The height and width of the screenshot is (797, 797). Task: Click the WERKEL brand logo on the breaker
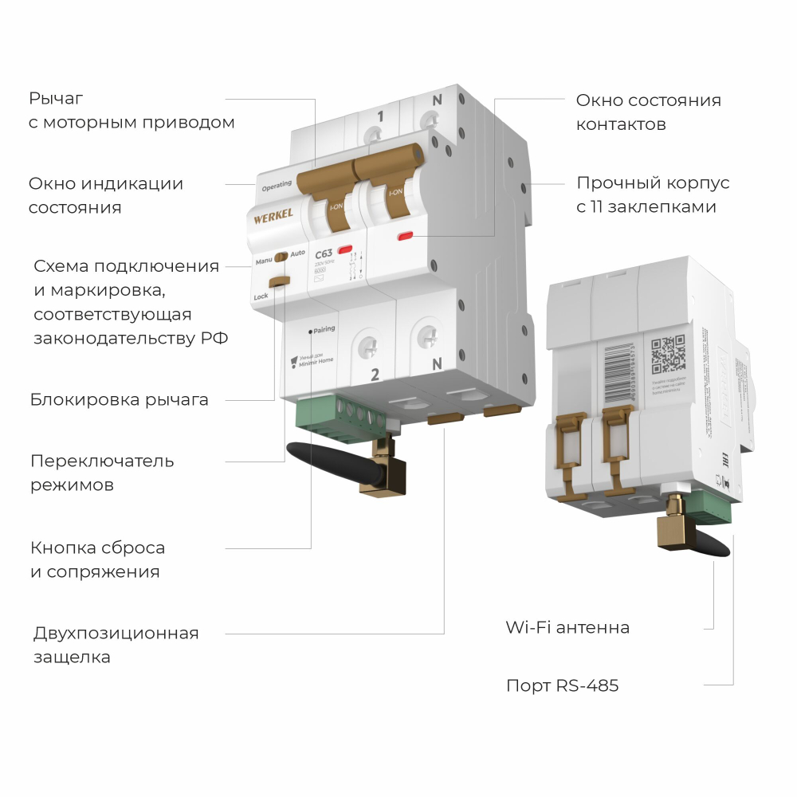tap(273, 214)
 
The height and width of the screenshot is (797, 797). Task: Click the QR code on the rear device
tap(668, 354)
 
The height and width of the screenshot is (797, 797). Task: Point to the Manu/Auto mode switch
tap(281, 257)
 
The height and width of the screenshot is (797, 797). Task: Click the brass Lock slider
tap(279, 281)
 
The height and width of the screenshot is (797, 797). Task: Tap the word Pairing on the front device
tap(324, 328)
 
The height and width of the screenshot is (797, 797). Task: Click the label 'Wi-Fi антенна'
tap(567, 627)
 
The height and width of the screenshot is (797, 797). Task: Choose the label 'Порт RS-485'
tap(562, 685)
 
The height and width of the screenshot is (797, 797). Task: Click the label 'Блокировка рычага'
tap(120, 399)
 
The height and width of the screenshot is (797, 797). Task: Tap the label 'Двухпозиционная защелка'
tap(116, 645)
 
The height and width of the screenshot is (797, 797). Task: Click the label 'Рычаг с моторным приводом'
tap(132, 111)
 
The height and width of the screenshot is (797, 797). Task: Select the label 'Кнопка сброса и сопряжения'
tap(98, 559)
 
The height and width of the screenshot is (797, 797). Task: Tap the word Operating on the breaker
tap(277, 184)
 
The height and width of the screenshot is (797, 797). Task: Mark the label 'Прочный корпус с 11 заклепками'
tap(653, 194)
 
